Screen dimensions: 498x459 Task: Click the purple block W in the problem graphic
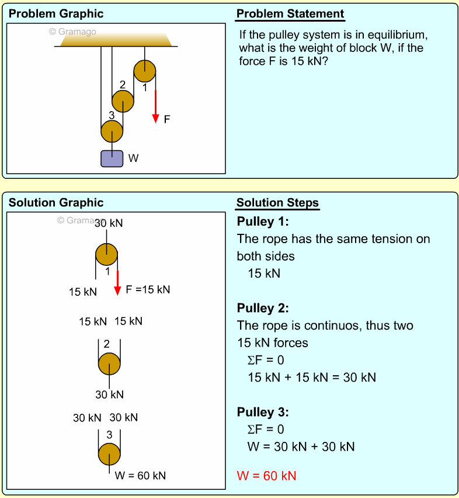click(112, 158)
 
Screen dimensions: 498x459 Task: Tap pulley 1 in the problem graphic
click(145, 71)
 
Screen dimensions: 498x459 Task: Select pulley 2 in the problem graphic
click(123, 101)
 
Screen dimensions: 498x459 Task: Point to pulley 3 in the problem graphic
click(112, 132)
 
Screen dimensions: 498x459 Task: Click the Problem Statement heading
click(290, 14)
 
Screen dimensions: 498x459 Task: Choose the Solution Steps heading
click(277, 203)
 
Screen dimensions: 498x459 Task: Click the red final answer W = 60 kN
click(266, 476)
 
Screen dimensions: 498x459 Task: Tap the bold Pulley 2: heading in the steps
click(263, 308)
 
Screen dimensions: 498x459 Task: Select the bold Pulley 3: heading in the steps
click(263, 412)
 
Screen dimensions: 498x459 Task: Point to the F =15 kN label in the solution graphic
click(148, 289)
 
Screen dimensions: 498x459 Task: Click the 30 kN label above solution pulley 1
click(109, 223)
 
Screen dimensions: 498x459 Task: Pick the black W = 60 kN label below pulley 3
click(140, 476)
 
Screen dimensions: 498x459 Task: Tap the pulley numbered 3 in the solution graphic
click(109, 454)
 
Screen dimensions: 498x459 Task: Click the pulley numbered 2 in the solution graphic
click(109, 364)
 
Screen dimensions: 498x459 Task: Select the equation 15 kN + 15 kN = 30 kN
click(312, 378)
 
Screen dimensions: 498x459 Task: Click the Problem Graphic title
click(56, 14)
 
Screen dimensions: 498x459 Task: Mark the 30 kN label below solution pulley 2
click(109, 395)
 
